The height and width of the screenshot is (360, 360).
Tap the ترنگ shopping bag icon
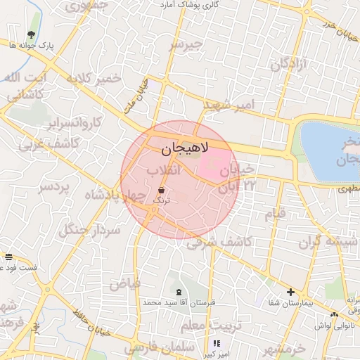click(x=162, y=190)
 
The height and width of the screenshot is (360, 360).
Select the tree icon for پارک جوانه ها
click(x=31, y=34)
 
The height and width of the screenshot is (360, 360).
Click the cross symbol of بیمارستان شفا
click(x=290, y=292)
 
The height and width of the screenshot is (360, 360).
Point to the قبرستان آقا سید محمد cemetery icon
click(x=177, y=290)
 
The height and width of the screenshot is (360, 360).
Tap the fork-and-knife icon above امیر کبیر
click(x=216, y=343)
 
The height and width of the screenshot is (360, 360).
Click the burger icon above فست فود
click(x=8, y=257)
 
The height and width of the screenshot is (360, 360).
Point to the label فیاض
click(x=124, y=283)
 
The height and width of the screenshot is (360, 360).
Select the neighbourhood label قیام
click(x=275, y=212)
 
